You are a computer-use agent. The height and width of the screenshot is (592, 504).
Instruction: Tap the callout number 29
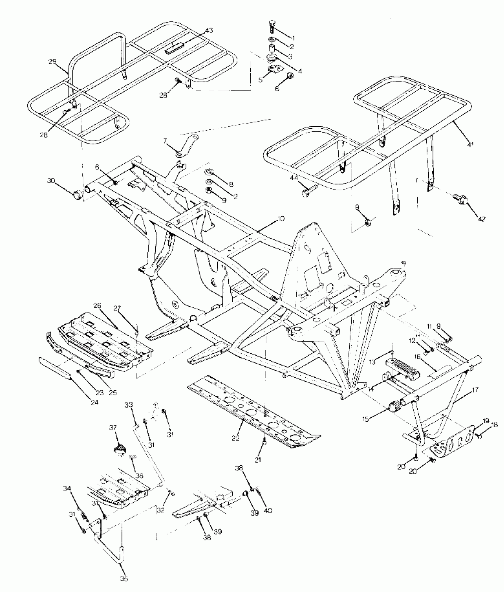click(x=52, y=61)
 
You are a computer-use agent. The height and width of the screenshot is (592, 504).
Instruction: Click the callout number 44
click(x=294, y=178)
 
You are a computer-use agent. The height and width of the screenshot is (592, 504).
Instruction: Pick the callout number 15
click(x=366, y=419)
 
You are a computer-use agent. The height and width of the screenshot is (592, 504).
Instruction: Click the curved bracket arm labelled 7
click(x=186, y=147)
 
